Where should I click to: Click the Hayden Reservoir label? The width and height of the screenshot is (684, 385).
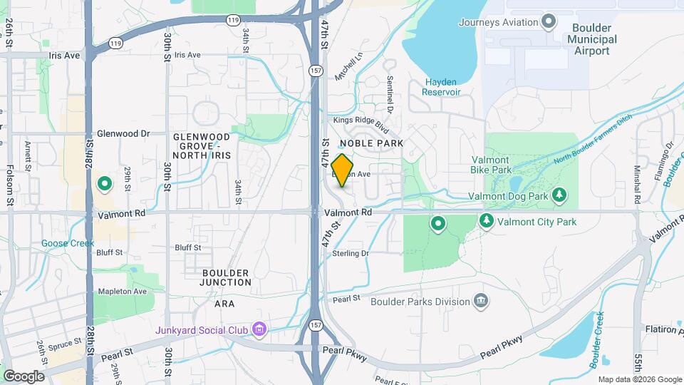[442, 87]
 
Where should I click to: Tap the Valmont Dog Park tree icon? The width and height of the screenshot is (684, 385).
[560, 195]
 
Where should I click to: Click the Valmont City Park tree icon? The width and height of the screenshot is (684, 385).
[487, 221]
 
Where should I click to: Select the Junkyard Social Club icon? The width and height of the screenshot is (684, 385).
[259, 329]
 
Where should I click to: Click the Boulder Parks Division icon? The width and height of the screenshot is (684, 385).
[481, 302]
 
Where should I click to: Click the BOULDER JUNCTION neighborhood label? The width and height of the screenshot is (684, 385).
[226, 277]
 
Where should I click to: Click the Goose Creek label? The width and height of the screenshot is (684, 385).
[68, 243]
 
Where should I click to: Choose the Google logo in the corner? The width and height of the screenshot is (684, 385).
[24, 376]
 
